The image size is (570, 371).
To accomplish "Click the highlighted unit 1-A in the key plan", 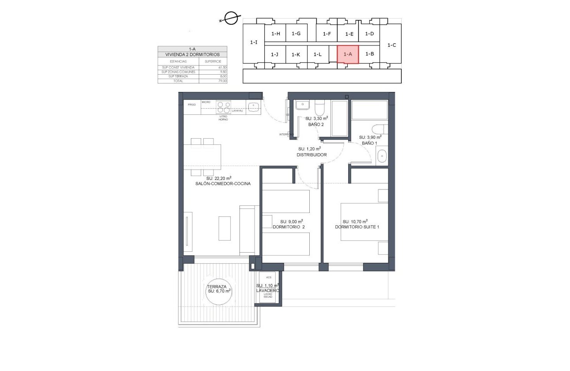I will pos(347,54).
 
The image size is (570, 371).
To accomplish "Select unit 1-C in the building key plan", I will pos(391,45).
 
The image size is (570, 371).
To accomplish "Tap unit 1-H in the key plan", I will pos(276,34).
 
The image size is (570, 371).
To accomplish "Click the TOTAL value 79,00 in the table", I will pos(222,81).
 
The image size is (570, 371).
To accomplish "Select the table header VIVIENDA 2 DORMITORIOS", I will pos(192,55).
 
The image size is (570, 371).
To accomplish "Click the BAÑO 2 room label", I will pos(315,125).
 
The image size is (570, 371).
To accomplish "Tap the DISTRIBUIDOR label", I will pos(312,155).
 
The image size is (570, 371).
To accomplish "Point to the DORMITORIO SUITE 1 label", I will pos(357,227).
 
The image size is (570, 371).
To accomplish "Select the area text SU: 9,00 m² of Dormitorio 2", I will pos(291,222).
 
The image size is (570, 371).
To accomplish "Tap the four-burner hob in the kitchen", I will pos(224,108).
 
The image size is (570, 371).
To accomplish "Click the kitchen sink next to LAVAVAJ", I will pos(253,106).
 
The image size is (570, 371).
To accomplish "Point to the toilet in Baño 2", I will pos(320,108).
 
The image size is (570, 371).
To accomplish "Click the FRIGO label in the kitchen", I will pos(191,105).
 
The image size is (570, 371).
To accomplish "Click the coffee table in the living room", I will pos(224,228).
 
